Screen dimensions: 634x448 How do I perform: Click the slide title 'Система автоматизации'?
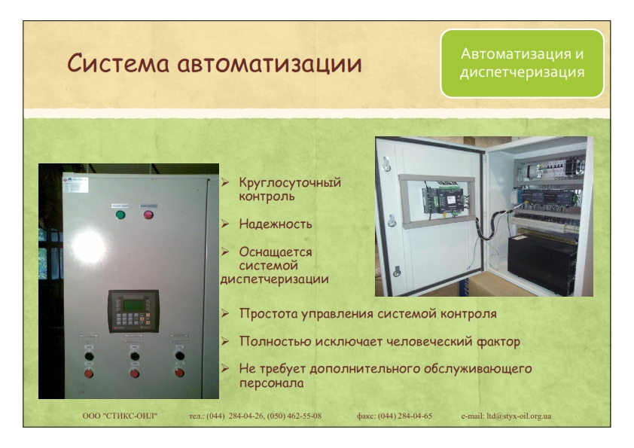click(215, 63)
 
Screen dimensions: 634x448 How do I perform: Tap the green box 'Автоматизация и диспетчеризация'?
click(522, 63)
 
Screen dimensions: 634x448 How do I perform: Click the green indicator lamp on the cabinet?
click(120, 215)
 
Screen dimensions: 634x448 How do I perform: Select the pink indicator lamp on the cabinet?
click(148, 215)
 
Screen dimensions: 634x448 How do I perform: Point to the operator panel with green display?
click(133, 311)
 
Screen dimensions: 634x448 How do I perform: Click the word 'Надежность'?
click(276, 224)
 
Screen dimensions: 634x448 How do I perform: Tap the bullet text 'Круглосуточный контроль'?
click(290, 189)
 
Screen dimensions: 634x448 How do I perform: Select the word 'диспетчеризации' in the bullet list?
click(275, 279)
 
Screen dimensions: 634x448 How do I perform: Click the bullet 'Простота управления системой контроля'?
click(367, 314)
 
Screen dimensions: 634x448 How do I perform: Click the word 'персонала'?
click(271, 383)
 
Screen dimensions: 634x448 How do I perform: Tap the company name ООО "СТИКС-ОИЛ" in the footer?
click(120, 416)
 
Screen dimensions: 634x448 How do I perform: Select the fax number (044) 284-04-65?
click(405, 416)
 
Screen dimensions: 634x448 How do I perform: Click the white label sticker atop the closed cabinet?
click(75, 185)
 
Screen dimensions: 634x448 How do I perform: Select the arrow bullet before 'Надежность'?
click(225, 224)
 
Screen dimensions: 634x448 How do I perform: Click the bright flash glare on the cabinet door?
click(88, 245)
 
